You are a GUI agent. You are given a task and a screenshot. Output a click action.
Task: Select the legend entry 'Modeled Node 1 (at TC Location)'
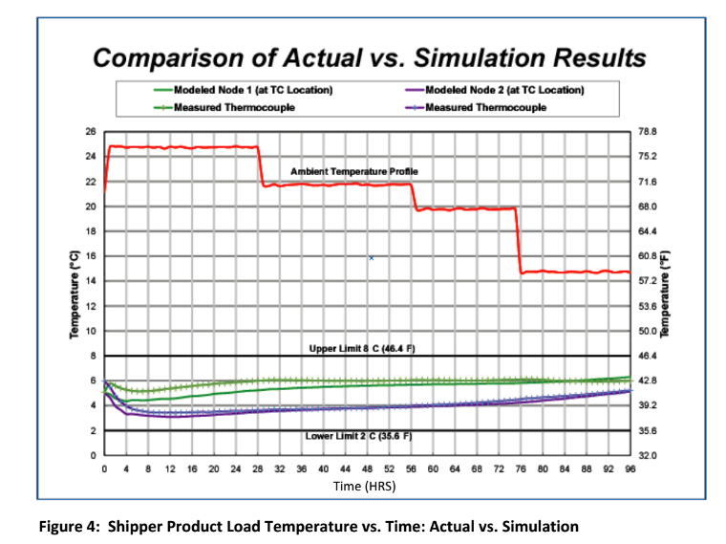pos(252,90)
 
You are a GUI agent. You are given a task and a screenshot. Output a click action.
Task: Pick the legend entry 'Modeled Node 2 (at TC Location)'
pos(502,90)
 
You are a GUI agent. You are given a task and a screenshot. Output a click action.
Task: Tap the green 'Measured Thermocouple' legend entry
pos(233,107)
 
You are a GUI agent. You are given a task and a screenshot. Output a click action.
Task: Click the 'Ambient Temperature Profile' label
pos(354,171)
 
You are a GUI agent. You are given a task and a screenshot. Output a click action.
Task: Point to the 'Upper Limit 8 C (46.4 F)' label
pos(362,349)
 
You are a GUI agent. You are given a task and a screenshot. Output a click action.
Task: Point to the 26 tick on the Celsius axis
pos(91,131)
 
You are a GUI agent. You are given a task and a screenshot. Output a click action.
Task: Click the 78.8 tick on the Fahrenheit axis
pos(649,131)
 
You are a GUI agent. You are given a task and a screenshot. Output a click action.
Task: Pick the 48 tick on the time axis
pos(368,468)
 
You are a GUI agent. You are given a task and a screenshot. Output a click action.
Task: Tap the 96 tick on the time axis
pos(630,468)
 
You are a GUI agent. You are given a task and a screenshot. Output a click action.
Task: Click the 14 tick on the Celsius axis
pos(91,281)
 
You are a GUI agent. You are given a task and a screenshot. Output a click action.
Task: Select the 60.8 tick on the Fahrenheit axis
pos(649,256)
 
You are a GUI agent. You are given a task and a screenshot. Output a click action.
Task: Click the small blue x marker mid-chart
pos(371,257)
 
